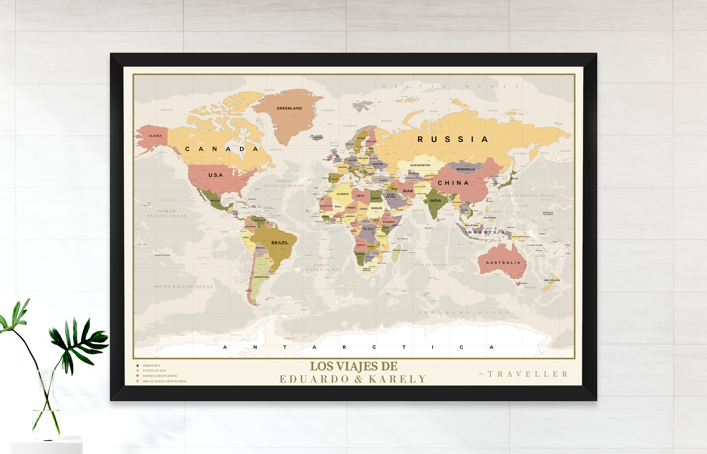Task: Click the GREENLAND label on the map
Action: (289, 108)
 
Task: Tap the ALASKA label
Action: (155, 136)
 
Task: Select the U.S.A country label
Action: (215, 175)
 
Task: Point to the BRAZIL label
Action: (280, 243)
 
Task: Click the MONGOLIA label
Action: (466, 169)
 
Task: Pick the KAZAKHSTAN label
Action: (420, 165)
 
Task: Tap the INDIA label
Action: (435, 201)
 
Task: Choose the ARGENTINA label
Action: (261, 277)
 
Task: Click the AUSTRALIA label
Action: (503, 263)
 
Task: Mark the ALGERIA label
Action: (343, 194)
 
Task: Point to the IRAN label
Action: (408, 191)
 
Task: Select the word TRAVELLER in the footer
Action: (528, 374)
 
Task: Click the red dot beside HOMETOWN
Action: (138, 366)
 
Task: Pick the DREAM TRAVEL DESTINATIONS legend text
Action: (164, 381)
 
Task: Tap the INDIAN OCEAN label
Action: (431, 265)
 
